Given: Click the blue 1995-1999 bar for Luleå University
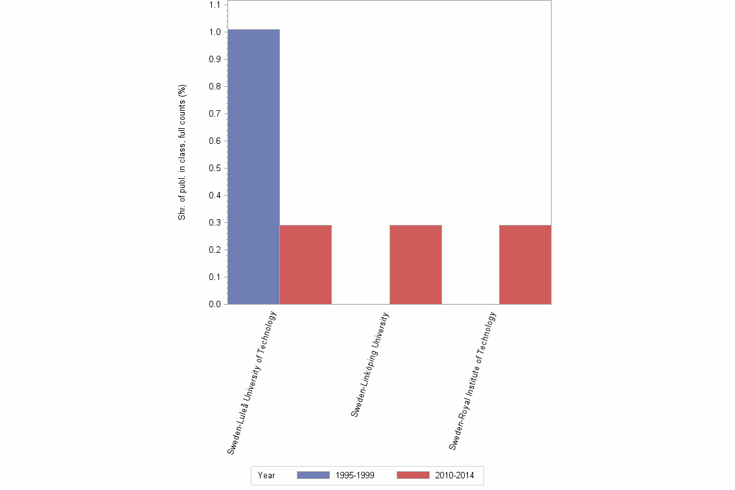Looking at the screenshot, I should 253,167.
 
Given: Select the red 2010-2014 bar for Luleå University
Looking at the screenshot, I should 306,264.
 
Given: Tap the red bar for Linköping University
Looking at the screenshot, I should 415,264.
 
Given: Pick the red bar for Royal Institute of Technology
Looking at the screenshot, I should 525,264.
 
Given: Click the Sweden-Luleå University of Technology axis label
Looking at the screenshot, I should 252,382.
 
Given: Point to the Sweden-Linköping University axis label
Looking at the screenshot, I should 369,364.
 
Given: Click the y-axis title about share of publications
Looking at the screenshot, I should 182,152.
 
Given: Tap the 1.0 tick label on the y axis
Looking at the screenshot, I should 215,32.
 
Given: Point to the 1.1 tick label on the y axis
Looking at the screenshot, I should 215,5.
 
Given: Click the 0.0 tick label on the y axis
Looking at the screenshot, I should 215,304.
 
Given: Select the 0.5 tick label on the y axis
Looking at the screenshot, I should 215,168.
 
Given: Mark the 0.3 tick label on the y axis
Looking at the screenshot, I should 215,222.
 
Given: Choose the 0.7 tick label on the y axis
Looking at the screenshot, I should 215,113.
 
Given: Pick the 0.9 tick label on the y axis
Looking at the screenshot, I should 215,59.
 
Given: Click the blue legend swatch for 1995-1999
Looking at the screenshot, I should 313,475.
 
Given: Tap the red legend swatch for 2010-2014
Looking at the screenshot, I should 413,475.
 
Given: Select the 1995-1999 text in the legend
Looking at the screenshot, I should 355,475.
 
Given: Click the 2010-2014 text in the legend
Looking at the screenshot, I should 454,475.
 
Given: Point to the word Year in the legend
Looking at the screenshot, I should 266,475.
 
